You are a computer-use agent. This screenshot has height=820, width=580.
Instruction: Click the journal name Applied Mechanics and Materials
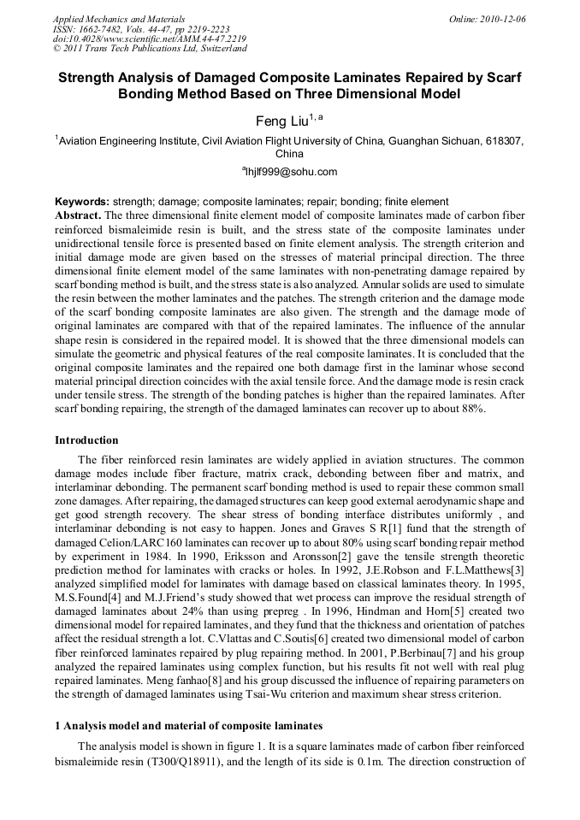(119, 19)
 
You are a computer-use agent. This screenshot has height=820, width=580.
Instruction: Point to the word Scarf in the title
(502, 77)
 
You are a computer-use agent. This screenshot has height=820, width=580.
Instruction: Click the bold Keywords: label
(82, 202)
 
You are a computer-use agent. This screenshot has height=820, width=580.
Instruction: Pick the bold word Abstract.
(79, 214)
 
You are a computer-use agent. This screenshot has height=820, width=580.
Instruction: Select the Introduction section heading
(86, 440)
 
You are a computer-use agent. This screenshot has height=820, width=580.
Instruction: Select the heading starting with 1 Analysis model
(188, 725)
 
